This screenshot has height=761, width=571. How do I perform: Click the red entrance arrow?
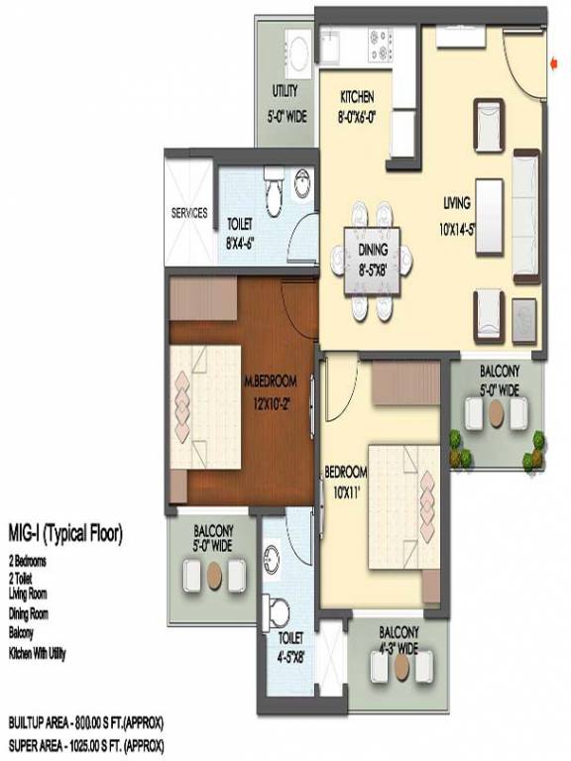pyautogui.click(x=552, y=61)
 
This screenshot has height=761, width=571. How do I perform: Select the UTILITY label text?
pyautogui.click(x=285, y=91)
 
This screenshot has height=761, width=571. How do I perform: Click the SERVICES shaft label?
pyautogui.click(x=189, y=213)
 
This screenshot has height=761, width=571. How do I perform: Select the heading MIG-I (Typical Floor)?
pyautogui.click(x=65, y=535)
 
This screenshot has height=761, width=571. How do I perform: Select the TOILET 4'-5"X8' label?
pyautogui.click(x=290, y=646)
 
